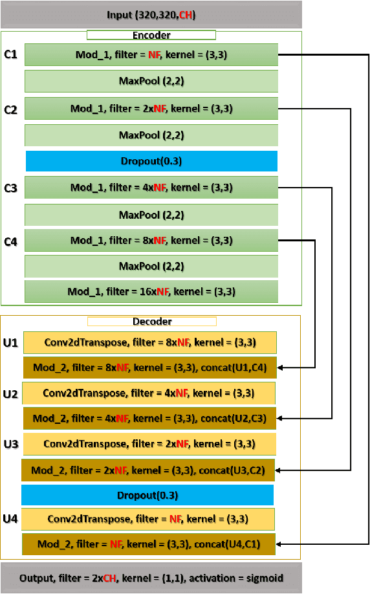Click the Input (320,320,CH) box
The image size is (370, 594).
point(151,14)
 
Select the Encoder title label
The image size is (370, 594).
point(151,36)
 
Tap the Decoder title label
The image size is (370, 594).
point(151,321)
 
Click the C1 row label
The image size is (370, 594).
point(10,56)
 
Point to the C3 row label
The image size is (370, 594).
point(10,188)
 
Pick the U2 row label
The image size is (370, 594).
point(10,393)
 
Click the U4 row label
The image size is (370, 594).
point(10,519)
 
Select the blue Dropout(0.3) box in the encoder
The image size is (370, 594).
point(151,161)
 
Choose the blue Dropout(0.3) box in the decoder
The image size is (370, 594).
point(147,495)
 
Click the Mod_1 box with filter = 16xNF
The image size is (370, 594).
point(151,292)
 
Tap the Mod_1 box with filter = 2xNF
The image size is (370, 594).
point(151,108)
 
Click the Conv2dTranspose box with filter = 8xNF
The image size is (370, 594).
point(149,342)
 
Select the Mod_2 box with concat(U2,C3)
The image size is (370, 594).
point(149,419)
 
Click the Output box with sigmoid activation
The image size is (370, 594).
point(151,578)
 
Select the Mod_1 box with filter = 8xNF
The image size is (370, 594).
point(151,240)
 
